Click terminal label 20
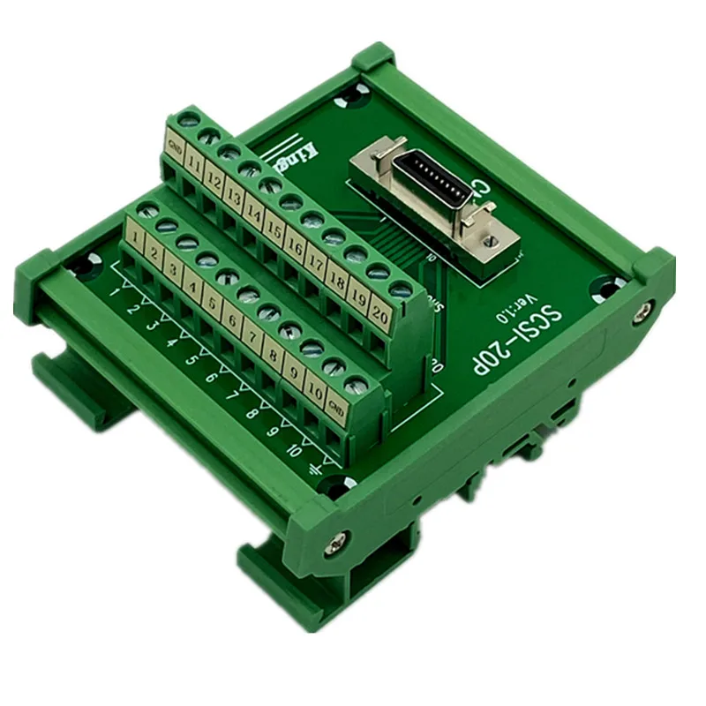point(380,313)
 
